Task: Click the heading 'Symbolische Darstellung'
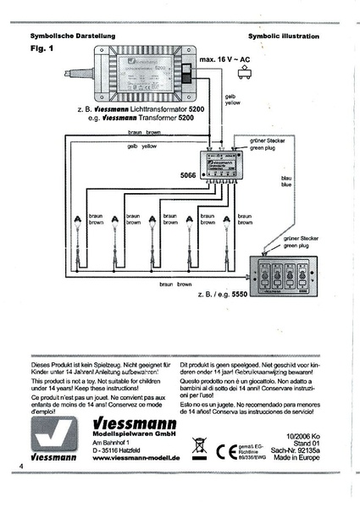click(x=66, y=37)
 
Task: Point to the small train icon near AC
click(x=247, y=75)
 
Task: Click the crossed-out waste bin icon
click(x=200, y=445)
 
